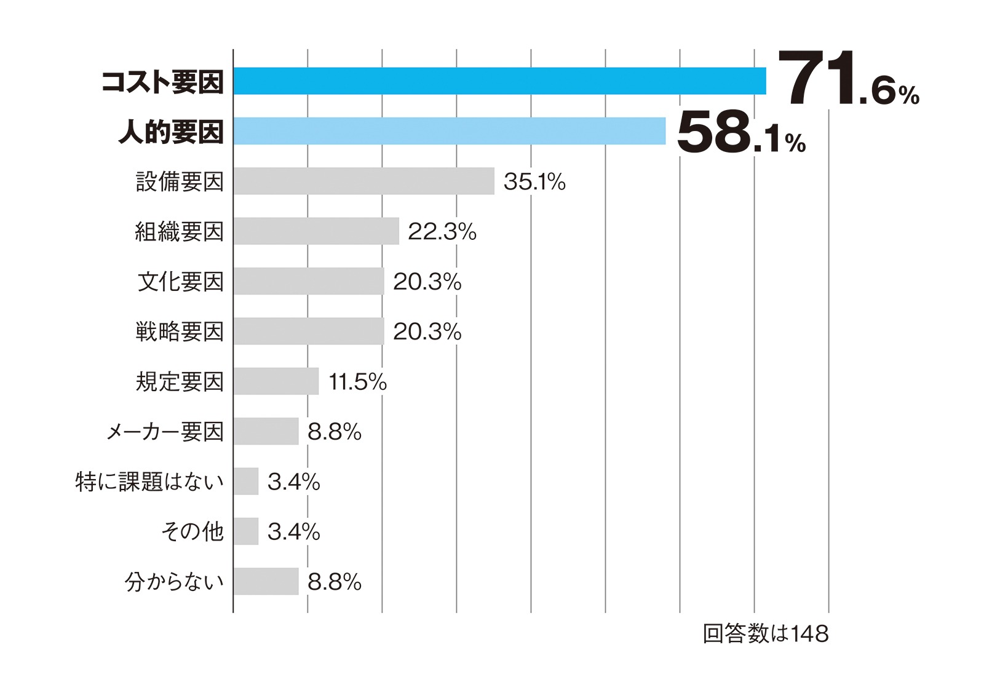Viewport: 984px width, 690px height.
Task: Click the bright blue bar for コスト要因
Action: tap(499, 81)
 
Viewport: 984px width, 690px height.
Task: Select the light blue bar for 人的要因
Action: tap(449, 131)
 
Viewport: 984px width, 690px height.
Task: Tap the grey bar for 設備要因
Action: tap(363, 181)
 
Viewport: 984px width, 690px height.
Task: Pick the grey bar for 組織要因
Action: tap(316, 231)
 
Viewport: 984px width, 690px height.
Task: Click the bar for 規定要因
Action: tap(276, 381)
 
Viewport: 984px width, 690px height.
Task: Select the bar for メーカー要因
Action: tap(266, 431)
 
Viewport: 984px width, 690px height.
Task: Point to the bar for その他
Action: tap(246, 531)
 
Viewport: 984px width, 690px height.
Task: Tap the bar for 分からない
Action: tap(266, 581)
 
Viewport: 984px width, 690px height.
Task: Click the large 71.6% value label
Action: tap(847, 80)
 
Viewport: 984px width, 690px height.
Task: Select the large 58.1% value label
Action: tap(740, 132)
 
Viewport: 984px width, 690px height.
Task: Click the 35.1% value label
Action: tap(534, 181)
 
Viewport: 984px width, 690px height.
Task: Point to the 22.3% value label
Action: tap(442, 232)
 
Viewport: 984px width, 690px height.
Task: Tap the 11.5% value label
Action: tap(357, 382)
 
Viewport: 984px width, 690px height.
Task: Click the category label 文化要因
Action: tap(180, 282)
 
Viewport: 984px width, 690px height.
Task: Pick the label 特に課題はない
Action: tap(149, 482)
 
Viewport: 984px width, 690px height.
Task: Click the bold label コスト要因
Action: tap(162, 82)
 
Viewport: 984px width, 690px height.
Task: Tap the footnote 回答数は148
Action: tap(765, 633)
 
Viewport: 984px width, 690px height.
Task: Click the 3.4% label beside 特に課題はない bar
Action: tap(293, 482)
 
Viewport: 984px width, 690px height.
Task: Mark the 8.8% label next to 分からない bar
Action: tap(334, 582)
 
